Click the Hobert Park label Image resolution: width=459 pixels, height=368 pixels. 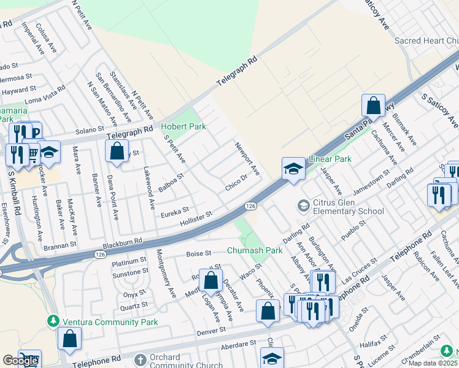point(183,127)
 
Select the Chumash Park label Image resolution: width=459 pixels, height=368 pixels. point(255,250)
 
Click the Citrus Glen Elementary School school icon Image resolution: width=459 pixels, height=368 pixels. point(303,205)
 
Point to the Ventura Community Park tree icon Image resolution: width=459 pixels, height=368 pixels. point(53,321)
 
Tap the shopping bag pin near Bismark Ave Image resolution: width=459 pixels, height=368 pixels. point(373,106)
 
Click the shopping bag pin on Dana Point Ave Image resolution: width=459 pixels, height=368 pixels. point(117,151)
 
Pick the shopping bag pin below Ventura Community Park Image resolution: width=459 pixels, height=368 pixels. point(71,338)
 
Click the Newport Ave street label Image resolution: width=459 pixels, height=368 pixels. point(247,158)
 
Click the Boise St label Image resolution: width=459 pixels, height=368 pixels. point(198,253)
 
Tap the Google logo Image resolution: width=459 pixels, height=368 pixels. point(20,361)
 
